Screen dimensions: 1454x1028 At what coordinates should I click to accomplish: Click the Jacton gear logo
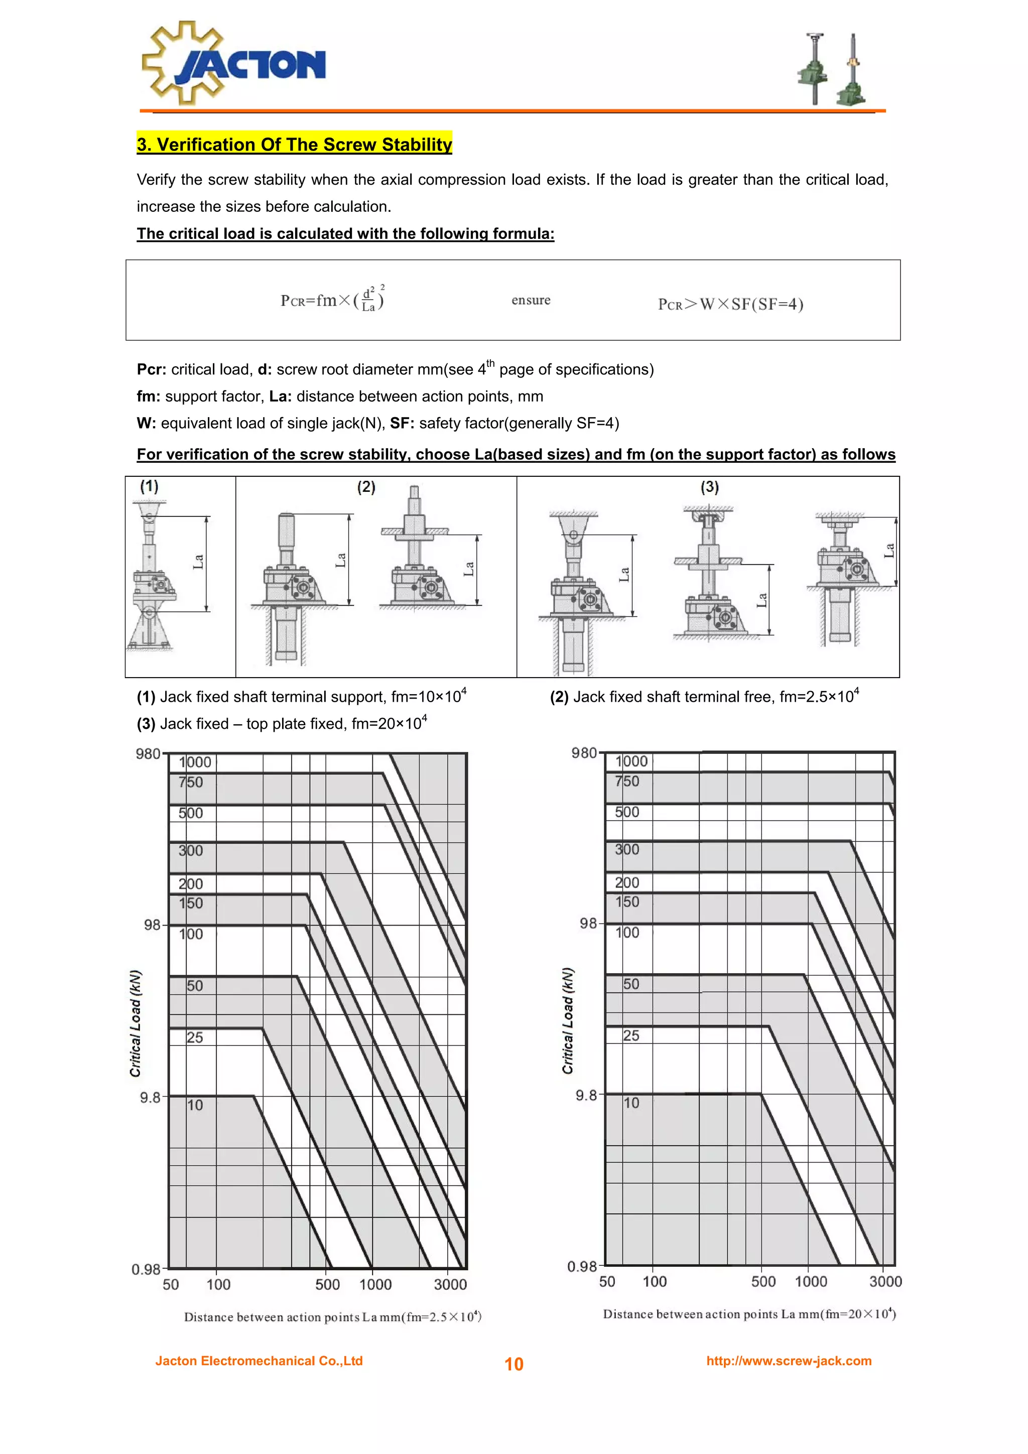point(233,63)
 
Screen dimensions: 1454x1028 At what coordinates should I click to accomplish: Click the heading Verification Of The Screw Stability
point(295,145)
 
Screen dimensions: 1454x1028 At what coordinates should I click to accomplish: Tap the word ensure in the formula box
point(531,300)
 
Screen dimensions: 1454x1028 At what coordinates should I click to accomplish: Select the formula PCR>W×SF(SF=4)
point(730,305)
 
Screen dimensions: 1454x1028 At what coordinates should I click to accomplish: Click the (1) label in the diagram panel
point(150,486)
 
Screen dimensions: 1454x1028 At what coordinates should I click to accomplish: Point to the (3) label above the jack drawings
point(709,487)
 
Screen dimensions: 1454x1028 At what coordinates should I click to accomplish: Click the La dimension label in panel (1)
point(199,562)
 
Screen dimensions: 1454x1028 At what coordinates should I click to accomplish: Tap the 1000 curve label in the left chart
point(194,762)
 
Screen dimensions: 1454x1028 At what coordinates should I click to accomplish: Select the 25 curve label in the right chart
point(631,1036)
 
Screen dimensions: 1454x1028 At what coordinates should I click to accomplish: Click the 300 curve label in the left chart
point(191,851)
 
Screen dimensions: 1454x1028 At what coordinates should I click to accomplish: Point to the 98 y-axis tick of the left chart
point(152,925)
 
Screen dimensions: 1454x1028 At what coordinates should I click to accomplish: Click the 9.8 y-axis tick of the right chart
point(586,1096)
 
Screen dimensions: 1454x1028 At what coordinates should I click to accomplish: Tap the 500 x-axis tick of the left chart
point(327,1284)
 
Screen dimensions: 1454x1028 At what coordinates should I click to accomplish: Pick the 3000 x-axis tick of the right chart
point(885,1282)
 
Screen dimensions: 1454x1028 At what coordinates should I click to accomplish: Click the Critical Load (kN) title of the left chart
point(136,1023)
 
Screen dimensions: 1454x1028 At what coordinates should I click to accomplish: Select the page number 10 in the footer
point(513,1364)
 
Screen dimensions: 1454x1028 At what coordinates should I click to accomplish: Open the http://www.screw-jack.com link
point(789,1361)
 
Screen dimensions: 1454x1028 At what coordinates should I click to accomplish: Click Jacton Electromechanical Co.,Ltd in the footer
point(259,1361)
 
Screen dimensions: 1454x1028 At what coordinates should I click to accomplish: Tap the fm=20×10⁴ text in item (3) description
point(389,723)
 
